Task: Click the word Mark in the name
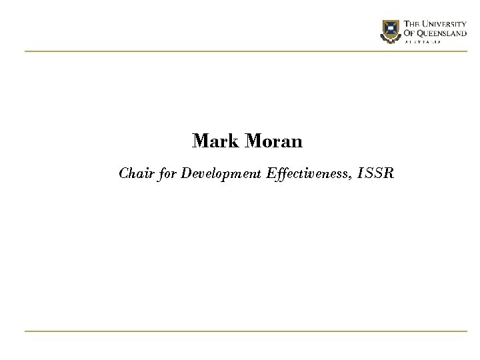click(216, 141)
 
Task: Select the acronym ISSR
click(377, 174)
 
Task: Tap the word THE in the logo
click(413, 25)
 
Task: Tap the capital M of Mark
click(199, 141)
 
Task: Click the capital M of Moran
click(253, 141)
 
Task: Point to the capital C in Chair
click(123, 174)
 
